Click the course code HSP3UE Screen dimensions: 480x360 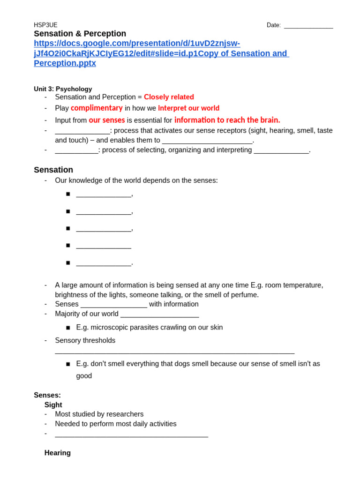pyautogui.click(x=45, y=25)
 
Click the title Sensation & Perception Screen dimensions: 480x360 pyautogui.click(x=80, y=34)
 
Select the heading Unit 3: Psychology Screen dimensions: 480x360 pyautogui.click(x=63, y=89)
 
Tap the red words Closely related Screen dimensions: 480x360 pyautogui.click(x=169, y=97)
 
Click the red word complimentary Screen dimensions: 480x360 pyautogui.click(x=97, y=108)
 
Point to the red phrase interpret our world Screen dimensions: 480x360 pyautogui.click(x=188, y=108)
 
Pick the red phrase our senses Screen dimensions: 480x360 pyautogui.click(x=107, y=120)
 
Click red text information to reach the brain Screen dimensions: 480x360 pyautogui.click(x=227, y=120)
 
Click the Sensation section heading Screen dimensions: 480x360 pyautogui.click(x=53, y=170)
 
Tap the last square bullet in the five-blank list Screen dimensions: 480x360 pyautogui.click(x=68, y=262)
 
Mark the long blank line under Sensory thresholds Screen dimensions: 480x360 pyautogui.click(x=174, y=352)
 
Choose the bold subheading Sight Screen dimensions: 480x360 pyautogui.click(x=53, y=405)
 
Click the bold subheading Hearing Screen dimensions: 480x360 pyautogui.click(x=57, y=453)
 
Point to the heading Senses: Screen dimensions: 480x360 pyautogui.click(x=47, y=395)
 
